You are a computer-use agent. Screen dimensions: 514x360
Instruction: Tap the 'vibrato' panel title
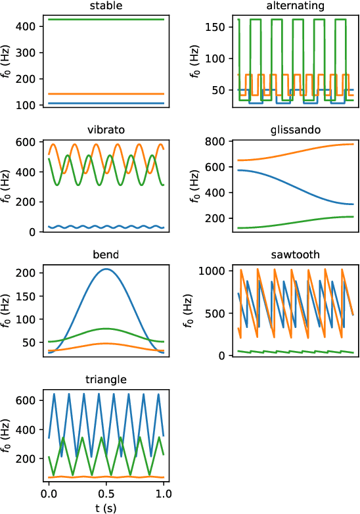pyautogui.click(x=106, y=130)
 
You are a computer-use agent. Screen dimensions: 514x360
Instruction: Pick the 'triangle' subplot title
pyautogui.click(x=106, y=379)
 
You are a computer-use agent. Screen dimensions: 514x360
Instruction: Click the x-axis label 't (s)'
pyautogui.click(x=106, y=507)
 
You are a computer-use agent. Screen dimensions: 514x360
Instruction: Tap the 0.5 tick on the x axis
pyautogui.click(x=106, y=493)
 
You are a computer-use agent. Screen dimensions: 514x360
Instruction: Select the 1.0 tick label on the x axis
pyautogui.click(x=164, y=493)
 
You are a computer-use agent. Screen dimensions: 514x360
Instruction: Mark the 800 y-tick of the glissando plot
pyautogui.click(x=217, y=141)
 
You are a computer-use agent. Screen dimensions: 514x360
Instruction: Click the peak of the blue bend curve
pyautogui.click(x=106, y=269)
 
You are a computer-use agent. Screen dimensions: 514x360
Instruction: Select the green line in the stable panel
pyautogui.click(x=106, y=20)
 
